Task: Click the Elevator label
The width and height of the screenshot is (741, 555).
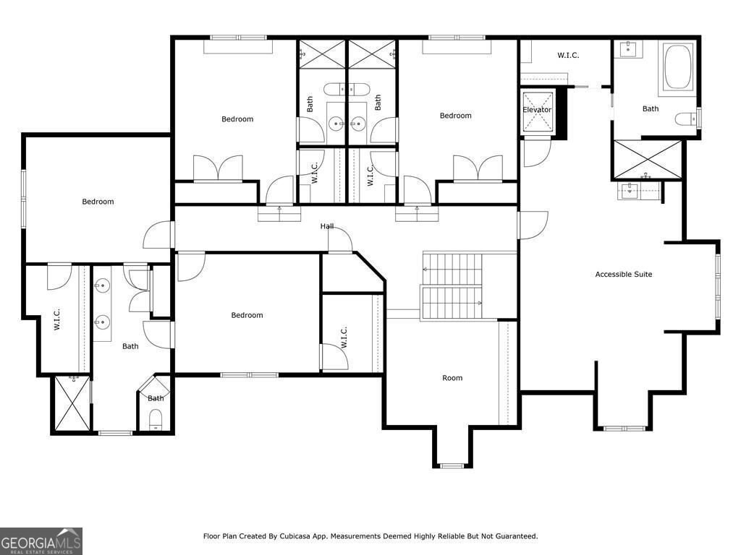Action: coord(537,110)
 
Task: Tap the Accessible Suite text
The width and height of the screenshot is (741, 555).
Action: coord(623,275)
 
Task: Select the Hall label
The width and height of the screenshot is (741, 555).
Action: coord(327,226)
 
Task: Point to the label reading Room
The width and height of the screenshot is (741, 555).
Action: coord(452,378)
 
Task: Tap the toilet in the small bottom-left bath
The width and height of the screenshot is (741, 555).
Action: coord(156,420)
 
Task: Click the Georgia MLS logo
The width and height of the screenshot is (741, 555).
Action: coord(41,541)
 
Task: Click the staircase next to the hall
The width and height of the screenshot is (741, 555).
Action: coord(452,286)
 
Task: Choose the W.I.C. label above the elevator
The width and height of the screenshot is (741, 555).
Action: coord(568,55)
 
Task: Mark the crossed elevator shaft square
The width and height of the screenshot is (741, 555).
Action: coord(538,113)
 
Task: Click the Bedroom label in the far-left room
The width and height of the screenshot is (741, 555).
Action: coord(98,202)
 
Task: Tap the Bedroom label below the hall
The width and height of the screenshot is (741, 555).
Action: coord(247,315)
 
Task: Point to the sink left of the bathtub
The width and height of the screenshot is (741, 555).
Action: coord(628,49)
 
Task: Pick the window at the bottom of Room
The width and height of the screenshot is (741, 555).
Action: coord(453,465)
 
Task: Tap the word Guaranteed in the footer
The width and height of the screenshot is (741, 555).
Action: coord(514,536)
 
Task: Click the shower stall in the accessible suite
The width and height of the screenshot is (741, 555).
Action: coord(648,160)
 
